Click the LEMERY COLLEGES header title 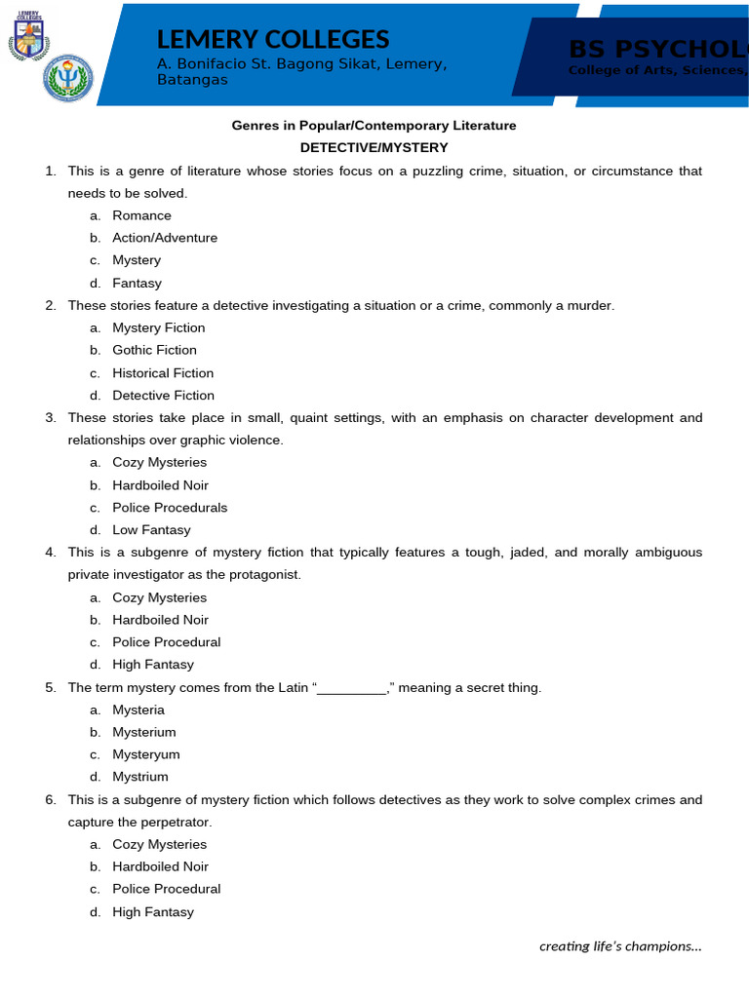coord(273,40)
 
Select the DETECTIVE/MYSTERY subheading coord(374,148)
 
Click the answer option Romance coord(141,215)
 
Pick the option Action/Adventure coord(165,238)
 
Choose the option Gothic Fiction coord(154,350)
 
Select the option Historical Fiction coord(163,373)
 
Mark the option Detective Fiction coord(163,396)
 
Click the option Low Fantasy coord(151,530)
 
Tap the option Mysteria coord(138,710)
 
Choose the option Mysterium coord(144,732)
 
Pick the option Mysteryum coord(146,754)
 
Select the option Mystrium coord(140,777)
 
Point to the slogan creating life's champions coord(620,945)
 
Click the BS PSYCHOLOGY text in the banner coord(658,49)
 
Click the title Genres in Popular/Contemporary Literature coord(374,126)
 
